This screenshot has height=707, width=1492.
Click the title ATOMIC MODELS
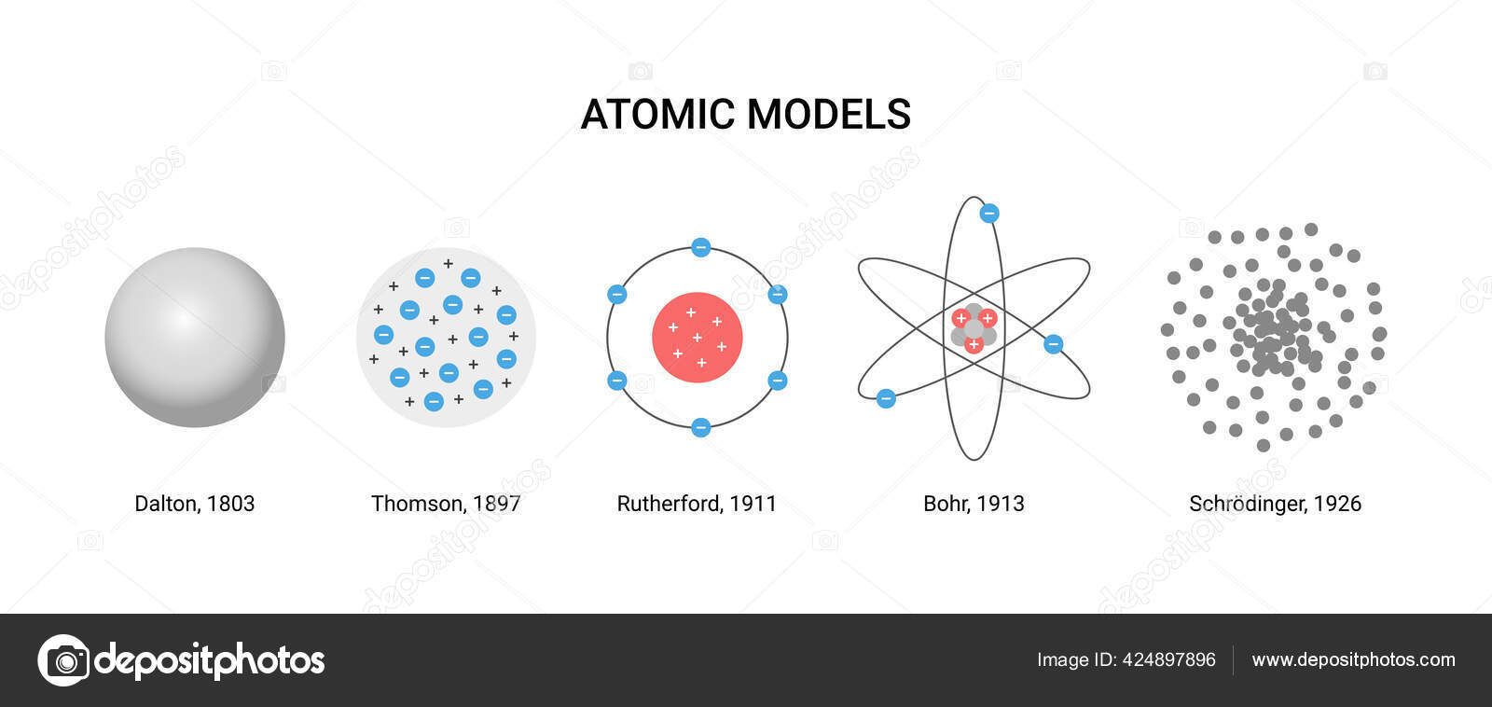tap(745, 115)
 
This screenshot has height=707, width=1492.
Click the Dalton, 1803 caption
tap(194, 504)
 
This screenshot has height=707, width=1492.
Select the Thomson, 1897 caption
tap(445, 504)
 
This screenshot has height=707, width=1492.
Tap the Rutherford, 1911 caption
tap(696, 504)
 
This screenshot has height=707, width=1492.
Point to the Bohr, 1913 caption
tap(974, 504)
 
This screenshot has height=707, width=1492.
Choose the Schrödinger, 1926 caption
tap(1275, 504)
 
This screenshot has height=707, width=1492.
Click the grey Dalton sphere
tap(194, 337)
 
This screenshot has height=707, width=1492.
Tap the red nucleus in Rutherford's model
tap(697, 337)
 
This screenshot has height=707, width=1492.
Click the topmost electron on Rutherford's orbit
tap(701, 247)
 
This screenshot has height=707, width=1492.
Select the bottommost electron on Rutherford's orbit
tap(701, 427)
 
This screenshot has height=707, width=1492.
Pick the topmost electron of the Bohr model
tap(988, 214)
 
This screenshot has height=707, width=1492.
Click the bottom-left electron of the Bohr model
tap(886, 399)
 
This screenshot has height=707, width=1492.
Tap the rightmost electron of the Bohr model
tap(1053, 344)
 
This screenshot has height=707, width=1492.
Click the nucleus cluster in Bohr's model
tap(974, 329)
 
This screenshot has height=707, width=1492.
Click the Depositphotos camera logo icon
tap(63, 660)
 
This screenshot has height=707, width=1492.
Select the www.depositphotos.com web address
tap(1353, 659)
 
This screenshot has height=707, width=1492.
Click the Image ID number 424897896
tap(1168, 659)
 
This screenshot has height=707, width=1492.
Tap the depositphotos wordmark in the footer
tap(210, 660)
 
